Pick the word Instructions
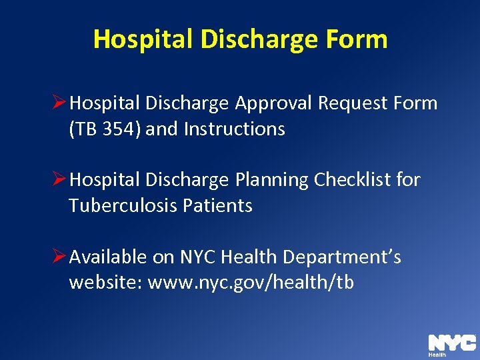[234, 129]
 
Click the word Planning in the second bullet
[271, 180]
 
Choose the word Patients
[222, 206]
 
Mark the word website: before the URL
[105, 283]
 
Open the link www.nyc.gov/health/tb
[251, 283]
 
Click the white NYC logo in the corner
[451, 343]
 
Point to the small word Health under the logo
[437, 355]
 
